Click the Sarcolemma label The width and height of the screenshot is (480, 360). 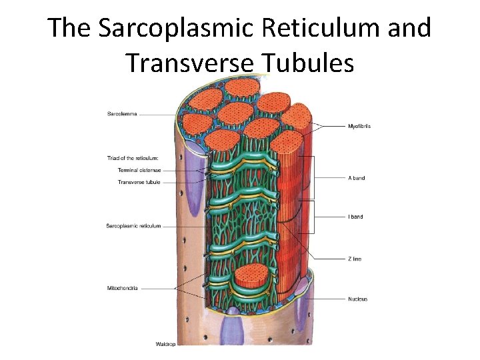coord(122,114)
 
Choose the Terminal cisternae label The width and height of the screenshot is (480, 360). coord(139,170)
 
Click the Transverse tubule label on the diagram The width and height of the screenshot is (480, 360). coord(139,182)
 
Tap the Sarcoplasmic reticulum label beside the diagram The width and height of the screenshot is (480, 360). coord(133,226)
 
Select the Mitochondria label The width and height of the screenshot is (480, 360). coord(122,288)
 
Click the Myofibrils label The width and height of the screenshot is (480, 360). coord(360,126)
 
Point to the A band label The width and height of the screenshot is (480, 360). coord(356,178)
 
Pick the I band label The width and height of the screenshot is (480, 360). coord(355,217)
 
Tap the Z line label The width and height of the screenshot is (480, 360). coord(355,259)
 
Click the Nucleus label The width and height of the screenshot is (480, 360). coord(357,299)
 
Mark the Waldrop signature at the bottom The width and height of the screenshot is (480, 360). coord(165,344)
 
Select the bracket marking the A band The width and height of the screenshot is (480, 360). coord(313,177)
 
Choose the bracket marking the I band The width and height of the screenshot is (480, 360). coord(313,217)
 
